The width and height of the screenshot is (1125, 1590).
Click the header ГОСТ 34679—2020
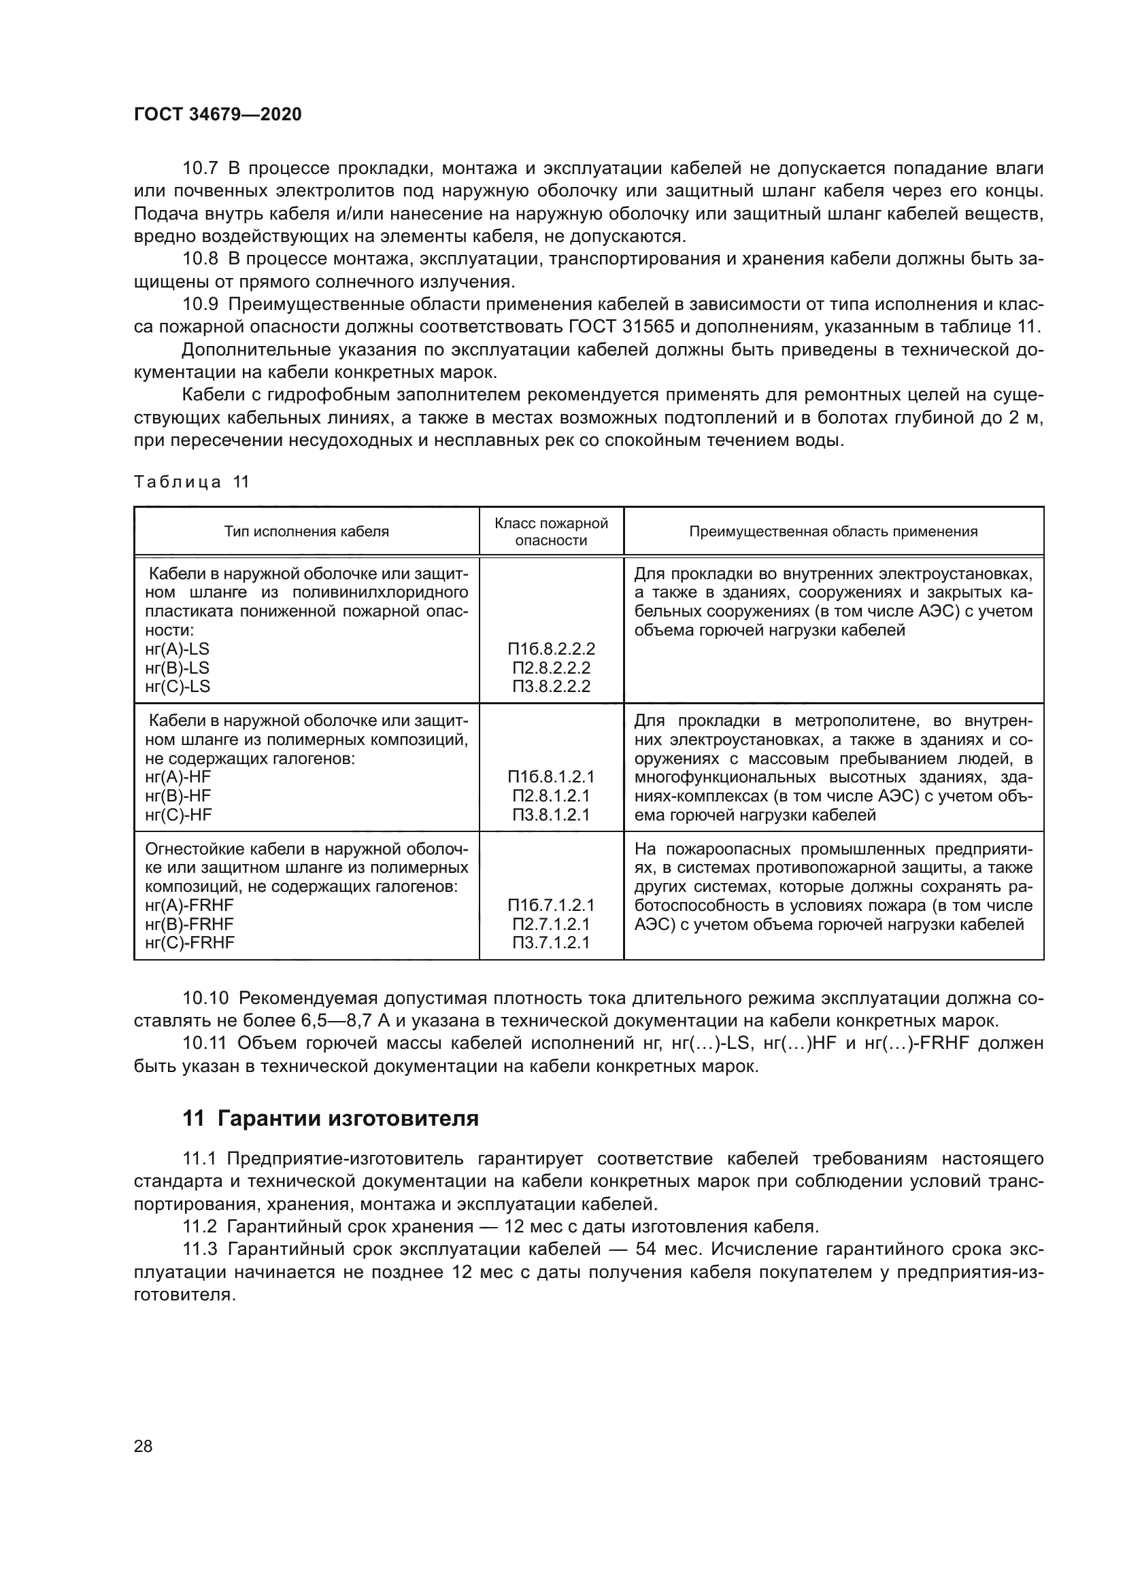218,115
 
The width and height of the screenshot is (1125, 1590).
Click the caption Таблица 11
190,482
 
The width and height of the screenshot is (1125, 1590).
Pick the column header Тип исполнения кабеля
306,531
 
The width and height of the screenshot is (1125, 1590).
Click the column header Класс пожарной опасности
551,531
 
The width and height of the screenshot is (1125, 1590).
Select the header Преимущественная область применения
833,531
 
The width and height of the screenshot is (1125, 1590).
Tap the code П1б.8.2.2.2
551,649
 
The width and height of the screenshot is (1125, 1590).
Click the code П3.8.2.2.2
551,687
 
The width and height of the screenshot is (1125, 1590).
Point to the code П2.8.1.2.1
551,796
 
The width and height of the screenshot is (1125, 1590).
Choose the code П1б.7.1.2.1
551,905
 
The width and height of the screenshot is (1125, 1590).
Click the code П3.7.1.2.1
551,942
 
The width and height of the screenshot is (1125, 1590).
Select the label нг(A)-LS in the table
178,649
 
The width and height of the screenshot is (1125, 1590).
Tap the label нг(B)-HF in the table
178,796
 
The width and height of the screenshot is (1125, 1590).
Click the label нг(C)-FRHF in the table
190,942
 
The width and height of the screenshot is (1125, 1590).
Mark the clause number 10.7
200,169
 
